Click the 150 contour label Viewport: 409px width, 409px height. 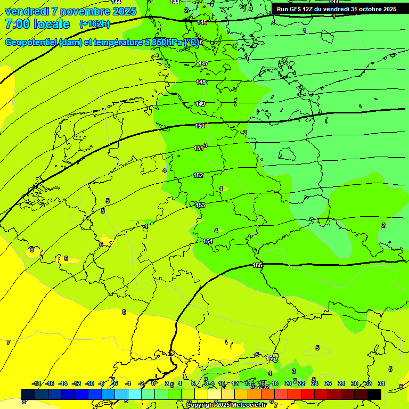pyautogui.click(x=200, y=126)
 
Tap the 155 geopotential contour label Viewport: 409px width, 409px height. pyautogui.click(x=257, y=265)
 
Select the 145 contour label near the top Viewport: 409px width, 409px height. pyautogui.click(x=202, y=22)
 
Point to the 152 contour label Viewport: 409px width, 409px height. pyautogui.click(x=198, y=175)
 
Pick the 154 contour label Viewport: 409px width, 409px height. pyautogui.click(x=208, y=241)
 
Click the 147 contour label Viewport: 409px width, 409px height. pyautogui.click(x=203, y=63)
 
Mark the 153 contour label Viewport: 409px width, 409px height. pyautogui.click(x=200, y=205)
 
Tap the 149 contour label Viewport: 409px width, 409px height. pyautogui.click(x=200, y=104)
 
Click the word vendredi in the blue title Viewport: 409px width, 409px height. pyautogui.click(x=27, y=11)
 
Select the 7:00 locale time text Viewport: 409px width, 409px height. pyautogui.click(x=37, y=24)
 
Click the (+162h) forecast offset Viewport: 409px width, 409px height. pyautogui.click(x=94, y=24)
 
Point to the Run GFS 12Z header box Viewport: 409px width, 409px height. pyautogui.click(x=336, y=9)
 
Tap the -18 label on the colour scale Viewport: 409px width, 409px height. pyautogui.click(x=37, y=383)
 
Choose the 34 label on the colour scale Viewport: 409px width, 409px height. pyautogui.click(x=381, y=383)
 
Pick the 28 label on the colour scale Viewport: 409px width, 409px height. pyautogui.click(x=341, y=383)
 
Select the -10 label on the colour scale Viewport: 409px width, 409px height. pyautogui.click(x=89, y=383)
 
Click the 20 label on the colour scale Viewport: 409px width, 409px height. pyautogui.click(x=288, y=383)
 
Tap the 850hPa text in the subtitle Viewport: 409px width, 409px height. pyautogui.click(x=167, y=43)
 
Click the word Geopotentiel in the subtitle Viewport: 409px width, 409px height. pyautogui.click(x=31, y=43)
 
